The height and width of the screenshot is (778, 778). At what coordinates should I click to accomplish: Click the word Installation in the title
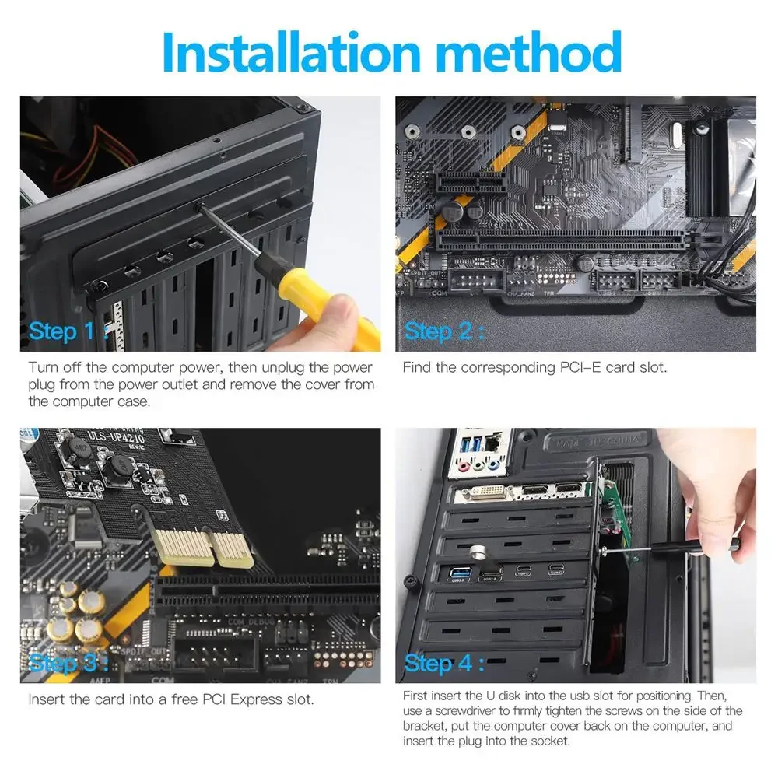pos(291,51)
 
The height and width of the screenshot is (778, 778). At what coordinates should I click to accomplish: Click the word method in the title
pos(530,51)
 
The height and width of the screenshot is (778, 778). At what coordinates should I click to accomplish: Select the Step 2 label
pos(443,331)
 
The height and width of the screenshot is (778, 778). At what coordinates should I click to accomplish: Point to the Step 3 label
pos(68,664)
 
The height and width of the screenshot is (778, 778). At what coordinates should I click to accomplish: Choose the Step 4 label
pos(443,664)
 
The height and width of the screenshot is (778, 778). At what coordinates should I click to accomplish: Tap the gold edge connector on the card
pos(203,548)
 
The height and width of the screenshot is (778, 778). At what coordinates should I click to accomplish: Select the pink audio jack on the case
pos(464,467)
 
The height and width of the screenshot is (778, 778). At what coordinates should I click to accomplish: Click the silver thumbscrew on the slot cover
pos(478,551)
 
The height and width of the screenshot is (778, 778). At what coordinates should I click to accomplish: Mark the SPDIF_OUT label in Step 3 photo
pos(145,651)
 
